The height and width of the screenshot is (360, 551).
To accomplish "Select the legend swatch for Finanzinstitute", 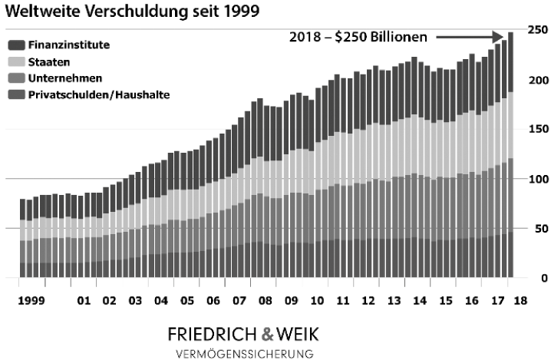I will coord(15,45).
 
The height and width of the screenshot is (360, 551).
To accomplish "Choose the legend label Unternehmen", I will coord(64,78).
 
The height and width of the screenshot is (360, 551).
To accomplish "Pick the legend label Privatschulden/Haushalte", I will coord(99,94).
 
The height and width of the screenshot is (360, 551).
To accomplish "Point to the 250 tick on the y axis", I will coord(536,30).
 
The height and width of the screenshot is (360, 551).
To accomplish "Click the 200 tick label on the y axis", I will coord(536,81).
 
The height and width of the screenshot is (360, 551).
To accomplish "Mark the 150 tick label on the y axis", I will coord(536,130).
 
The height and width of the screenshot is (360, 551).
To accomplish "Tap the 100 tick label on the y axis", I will coord(536,179).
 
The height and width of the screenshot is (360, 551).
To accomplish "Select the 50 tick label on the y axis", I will coord(536,229).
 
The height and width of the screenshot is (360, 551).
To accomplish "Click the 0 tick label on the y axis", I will coord(543,278).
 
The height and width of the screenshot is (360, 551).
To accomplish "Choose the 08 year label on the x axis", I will coord(264,301).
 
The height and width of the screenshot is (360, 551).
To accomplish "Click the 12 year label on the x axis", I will coord(369,301).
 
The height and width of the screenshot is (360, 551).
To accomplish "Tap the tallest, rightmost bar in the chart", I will coord(510,154).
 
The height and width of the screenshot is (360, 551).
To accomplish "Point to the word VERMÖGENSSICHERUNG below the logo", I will coord(245,354).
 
